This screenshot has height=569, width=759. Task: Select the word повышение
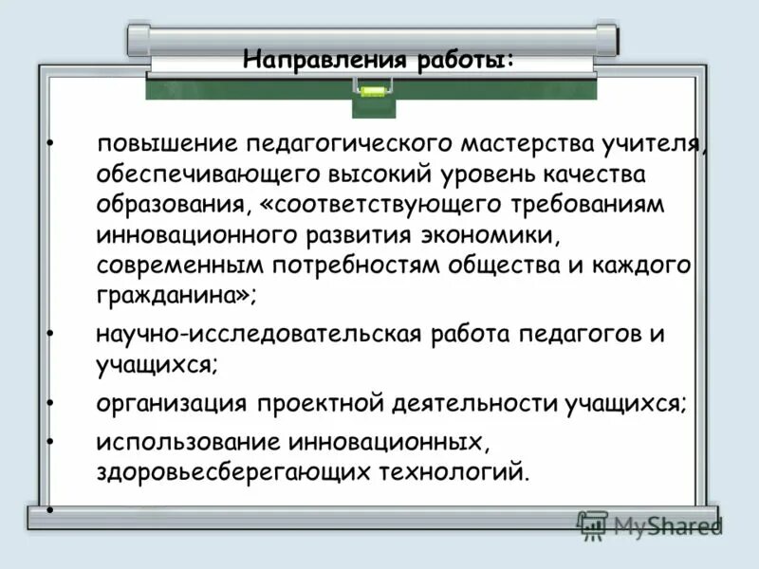click(x=166, y=146)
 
